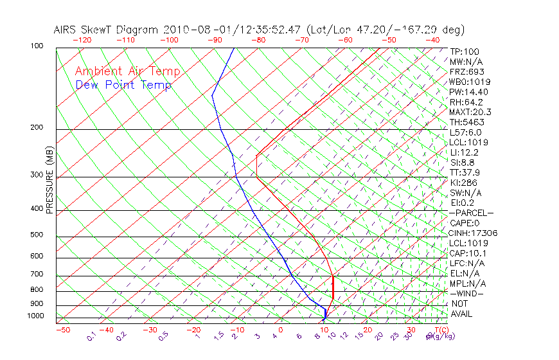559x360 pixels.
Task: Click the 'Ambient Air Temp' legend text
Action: tap(127, 71)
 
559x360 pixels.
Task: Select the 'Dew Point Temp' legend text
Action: tap(123, 85)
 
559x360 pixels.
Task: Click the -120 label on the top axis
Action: tap(82, 40)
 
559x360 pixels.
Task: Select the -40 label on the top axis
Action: tap(432, 40)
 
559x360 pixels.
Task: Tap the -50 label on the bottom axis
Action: tap(62, 330)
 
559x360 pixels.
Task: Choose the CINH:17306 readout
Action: tap(474, 233)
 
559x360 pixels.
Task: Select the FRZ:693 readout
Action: tap(467, 71)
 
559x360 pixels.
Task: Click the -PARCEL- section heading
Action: tap(472, 213)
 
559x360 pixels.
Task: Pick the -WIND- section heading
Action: tap(467, 293)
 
